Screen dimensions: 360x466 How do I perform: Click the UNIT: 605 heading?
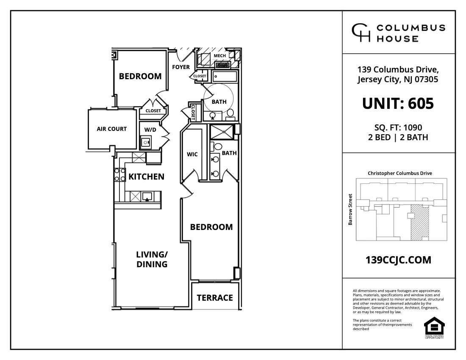point(398,103)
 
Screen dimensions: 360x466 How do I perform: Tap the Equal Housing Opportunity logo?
point(434,327)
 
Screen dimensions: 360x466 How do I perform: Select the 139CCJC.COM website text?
point(398,260)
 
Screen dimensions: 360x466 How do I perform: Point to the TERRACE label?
point(215,298)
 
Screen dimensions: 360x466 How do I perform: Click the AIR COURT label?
point(112,129)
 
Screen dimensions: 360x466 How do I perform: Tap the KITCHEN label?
point(146,177)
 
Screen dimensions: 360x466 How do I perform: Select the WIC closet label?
point(192,154)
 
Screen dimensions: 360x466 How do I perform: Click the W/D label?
point(150,130)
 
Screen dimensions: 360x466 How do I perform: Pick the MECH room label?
point(219,55)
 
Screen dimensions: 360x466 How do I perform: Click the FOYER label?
point(181,67)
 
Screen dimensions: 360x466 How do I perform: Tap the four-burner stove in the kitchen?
point(119,174)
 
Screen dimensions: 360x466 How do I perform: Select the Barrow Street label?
point(350,209)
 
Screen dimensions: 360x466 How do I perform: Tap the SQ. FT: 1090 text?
point(398,127)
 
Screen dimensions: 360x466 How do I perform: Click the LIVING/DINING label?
point(152,259)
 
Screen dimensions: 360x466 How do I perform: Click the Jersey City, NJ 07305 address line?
point(398,79)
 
